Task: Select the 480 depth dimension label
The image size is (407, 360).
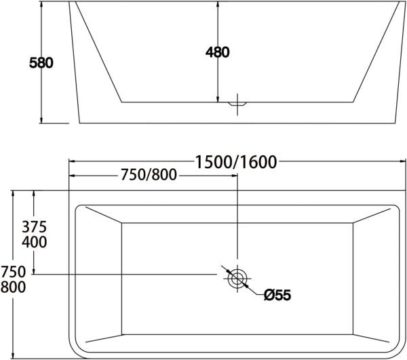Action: [x=217, y=52]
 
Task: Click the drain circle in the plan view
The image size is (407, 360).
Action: [x=237, y=277]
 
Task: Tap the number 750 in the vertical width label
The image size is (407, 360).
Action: [x=14, y=272]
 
